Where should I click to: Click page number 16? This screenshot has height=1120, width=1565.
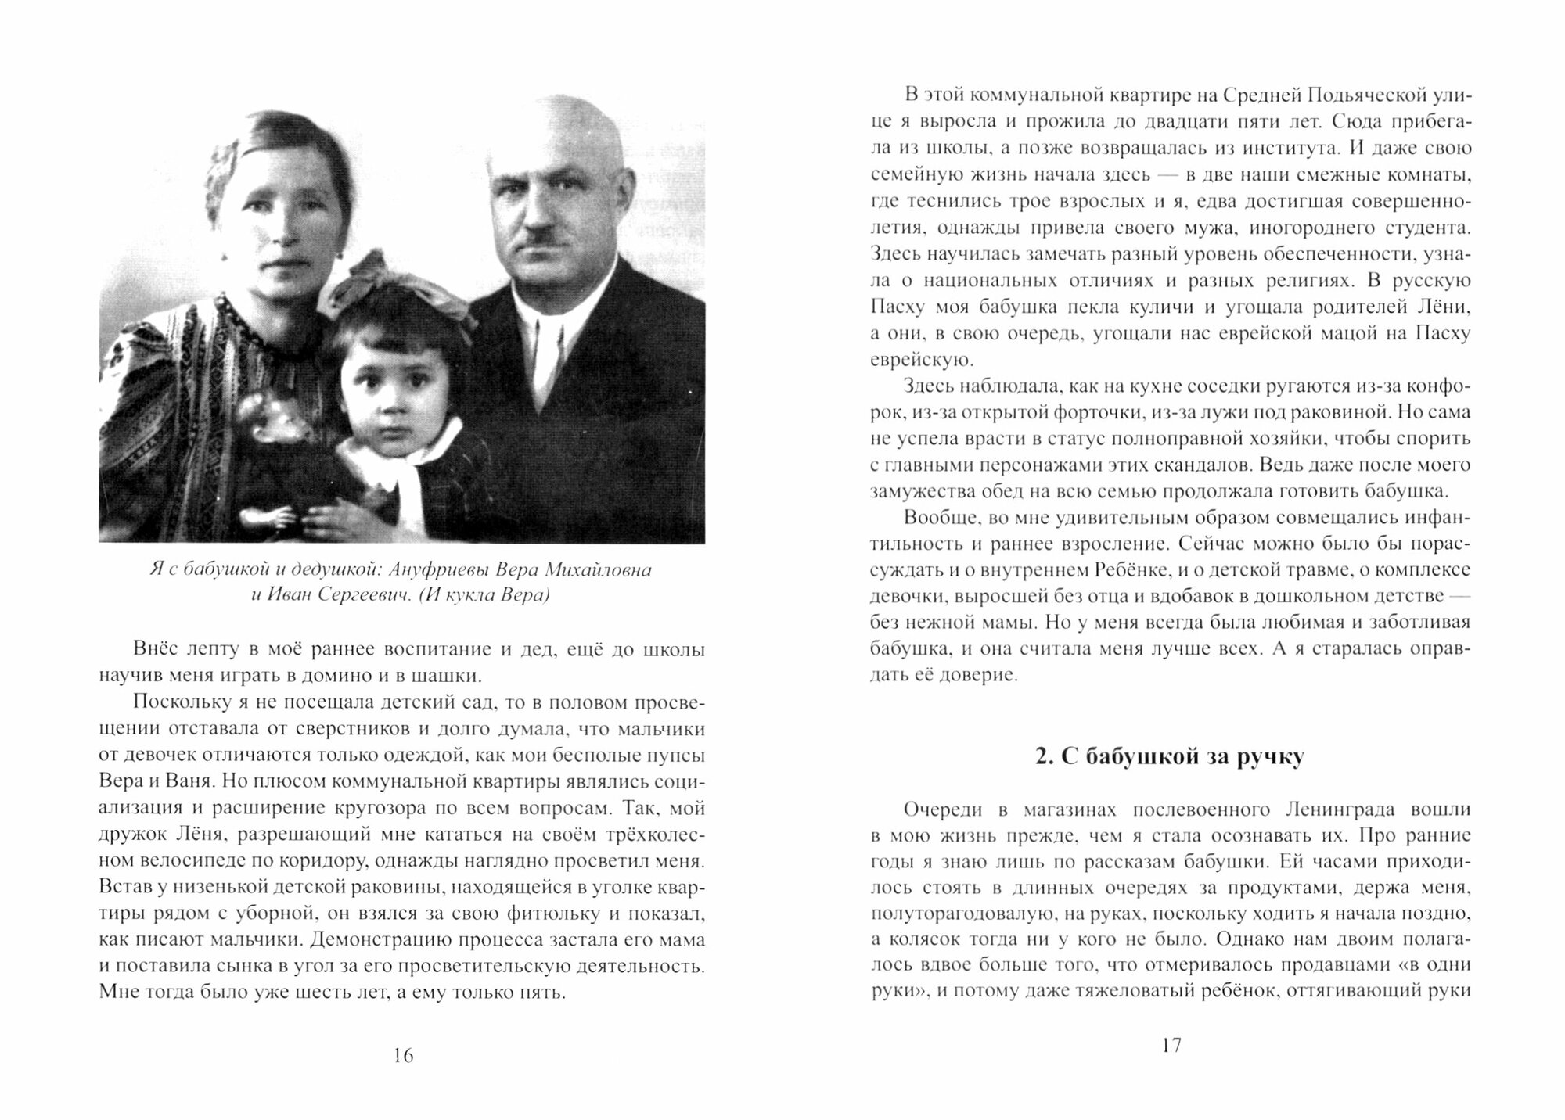click(x=403, y=1055)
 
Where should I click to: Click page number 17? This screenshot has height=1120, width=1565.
click(x=1171, y=1045)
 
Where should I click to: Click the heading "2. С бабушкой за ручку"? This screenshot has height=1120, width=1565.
click(x=1169, y=757)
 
